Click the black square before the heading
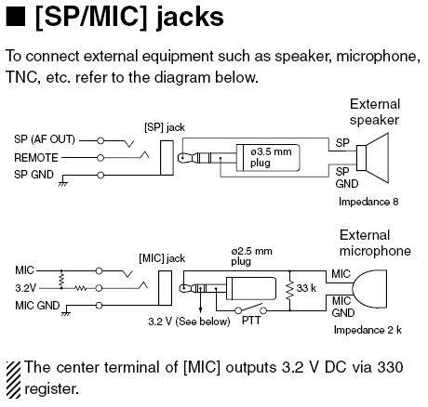click(x=15, y=17)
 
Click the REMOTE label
click(x=36, y=158)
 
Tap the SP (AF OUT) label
click(x=45, y=139)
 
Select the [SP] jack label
click(x=165, y=127)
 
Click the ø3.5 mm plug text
click(x=271, y=157)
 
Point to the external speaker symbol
click(x=372, y=158)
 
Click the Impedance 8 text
click(x=368, y=202)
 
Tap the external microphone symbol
click(x=370, y=288)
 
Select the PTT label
click(x=251, y=321)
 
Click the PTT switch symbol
click(x=250, y=309)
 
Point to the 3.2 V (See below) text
click(x=189, y=322)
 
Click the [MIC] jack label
click(x=162, y=258)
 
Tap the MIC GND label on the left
click(x=37, y=306)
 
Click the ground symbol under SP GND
click(x=63, y=183)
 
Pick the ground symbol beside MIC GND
click(x=66, y=314)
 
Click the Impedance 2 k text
click(x=368, y=330)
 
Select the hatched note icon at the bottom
click(x=13, y=380)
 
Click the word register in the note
click(x=51, y=389)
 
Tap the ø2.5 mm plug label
click(x=251, y=256)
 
